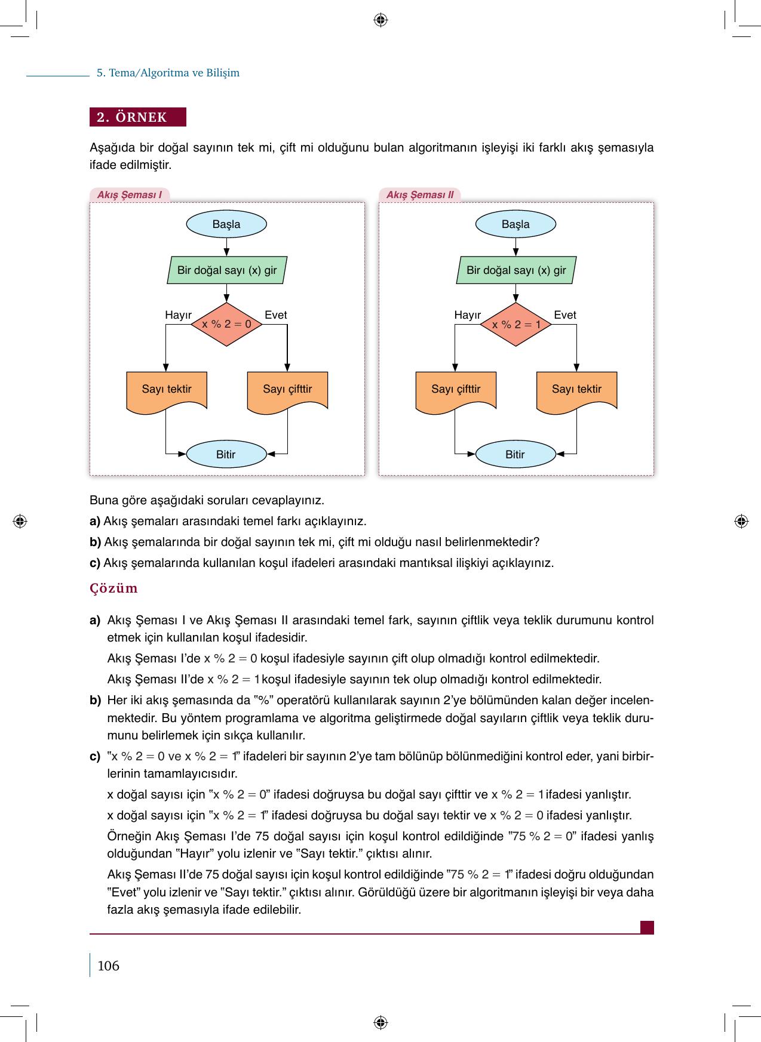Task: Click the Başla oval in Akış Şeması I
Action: (x=226, y=224)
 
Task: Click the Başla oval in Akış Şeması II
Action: (x=515, y=224)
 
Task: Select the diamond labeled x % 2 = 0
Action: (x=226, y=325)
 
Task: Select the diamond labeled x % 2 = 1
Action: (x=515, y=325)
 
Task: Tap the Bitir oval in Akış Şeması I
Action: (x=226, y=455)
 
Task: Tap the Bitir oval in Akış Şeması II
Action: (x=515, y=455)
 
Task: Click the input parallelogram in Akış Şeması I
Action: (x=226, y=270)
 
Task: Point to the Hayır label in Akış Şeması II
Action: (x=467, y=315)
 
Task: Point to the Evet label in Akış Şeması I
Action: (x=275, y=315)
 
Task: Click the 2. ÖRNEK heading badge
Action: (x=138, y=117)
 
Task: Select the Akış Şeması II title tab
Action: (x=420, y=195)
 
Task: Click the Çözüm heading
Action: (x=113, y=588)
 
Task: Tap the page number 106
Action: (x=108, y=966)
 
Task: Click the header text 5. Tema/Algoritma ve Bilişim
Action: (x=168, y=73)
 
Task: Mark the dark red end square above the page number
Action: (x=647, y=927)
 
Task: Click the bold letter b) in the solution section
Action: (x=95, y=700)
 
